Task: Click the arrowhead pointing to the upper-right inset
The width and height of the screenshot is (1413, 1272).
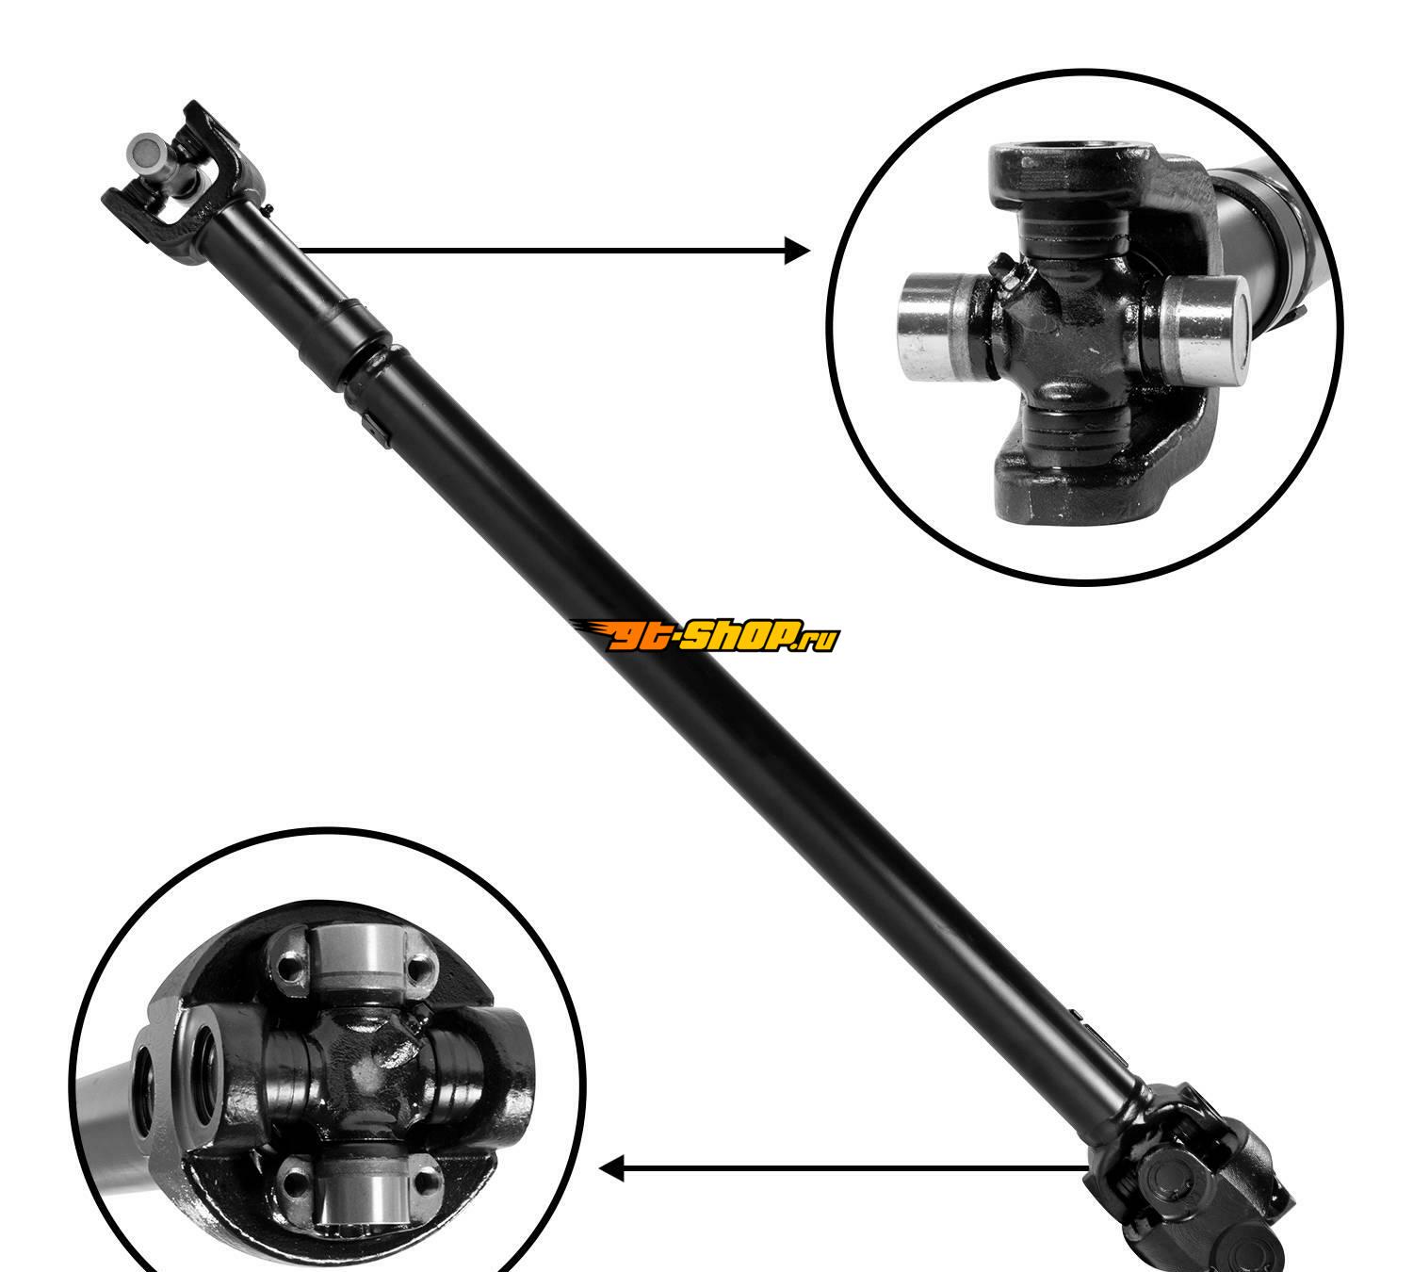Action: tap(797, 251)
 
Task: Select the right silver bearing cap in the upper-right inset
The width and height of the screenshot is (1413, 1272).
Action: tap(1205, 329)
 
